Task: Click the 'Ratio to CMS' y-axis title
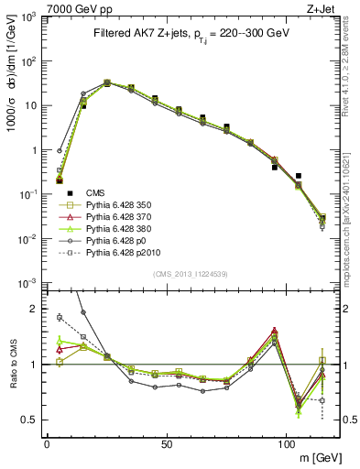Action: (12, 365)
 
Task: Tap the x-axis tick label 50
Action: (167, 443)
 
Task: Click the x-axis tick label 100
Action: (287, 443)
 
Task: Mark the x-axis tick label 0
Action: (47, 443)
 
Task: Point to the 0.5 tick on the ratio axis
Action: (32, 420)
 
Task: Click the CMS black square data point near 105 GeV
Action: (299, 176)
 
